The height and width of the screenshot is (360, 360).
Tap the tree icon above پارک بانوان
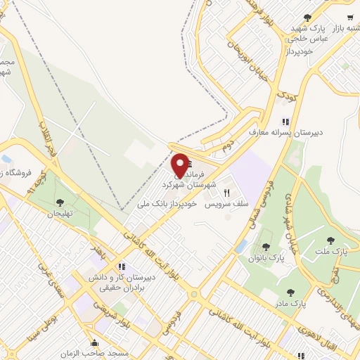tap(266, 247)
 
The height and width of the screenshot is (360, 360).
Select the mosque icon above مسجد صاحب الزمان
tap(95, 343)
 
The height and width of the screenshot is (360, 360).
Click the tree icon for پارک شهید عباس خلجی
tap(307, 18)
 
